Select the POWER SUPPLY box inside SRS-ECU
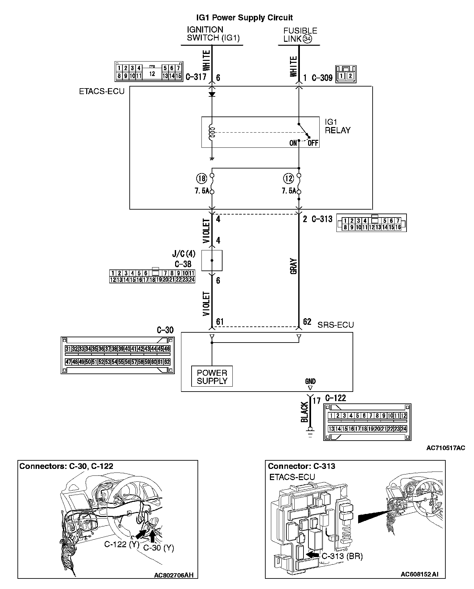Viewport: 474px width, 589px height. coord(212,377)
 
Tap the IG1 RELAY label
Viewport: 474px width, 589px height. coord(337,126)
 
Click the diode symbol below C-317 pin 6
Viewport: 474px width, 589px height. coord(212,94)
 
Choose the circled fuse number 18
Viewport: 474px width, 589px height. coord(201,179)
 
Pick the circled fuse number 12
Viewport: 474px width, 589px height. coord(288,179)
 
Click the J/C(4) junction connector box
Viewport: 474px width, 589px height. coord(212,260)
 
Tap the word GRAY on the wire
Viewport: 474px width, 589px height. coord(294,266)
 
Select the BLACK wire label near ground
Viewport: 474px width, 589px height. coord(304,412)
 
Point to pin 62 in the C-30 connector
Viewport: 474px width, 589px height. coord(167,362)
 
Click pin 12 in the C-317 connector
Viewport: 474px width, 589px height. coord(152,74)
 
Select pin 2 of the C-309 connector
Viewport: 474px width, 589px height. coord(350,76)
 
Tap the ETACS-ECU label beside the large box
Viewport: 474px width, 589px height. coord(102,91)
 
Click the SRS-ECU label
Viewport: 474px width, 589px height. coord(335,325)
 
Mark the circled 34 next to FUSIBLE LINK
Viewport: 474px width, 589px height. coord(307,39)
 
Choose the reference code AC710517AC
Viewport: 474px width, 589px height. coord(445,448)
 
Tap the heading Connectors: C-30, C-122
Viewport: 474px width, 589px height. coord(66,466)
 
